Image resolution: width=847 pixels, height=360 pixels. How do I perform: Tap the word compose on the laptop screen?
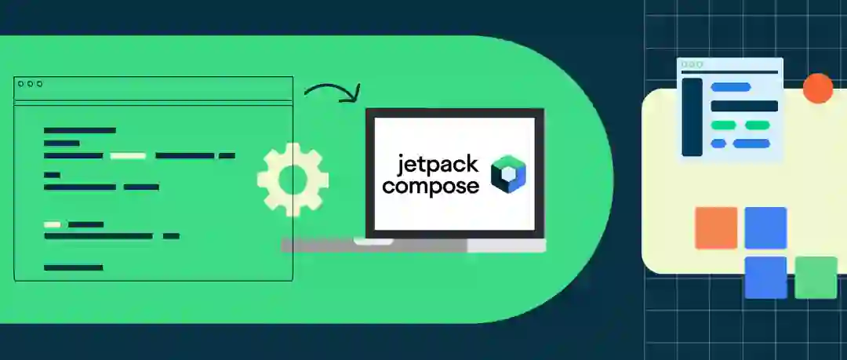tap(431, 187)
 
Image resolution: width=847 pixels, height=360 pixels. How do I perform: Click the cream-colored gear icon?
tap(293, 179)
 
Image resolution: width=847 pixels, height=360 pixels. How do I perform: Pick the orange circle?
tap(818, 88)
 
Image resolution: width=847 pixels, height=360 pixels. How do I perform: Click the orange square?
tap(716, 227)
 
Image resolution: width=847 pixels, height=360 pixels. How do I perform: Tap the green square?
tap(816, 278)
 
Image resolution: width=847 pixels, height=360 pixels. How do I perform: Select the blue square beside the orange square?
tap(765, 227)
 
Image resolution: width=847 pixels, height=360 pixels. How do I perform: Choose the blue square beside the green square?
tap(765, 278)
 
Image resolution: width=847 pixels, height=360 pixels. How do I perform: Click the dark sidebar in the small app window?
tap(692, 117)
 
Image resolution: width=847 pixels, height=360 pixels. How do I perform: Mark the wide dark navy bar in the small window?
tap(743, 106)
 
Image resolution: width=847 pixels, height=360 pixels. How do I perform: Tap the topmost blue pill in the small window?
tap(730, 87)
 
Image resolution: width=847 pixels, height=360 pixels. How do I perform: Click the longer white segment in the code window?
tap(128, 155)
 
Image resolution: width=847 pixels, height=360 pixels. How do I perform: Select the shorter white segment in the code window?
tap(52, 224)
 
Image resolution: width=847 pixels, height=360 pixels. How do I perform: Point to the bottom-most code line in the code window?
tap(73, 267)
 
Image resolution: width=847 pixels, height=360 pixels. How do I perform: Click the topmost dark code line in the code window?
tap(80, 130)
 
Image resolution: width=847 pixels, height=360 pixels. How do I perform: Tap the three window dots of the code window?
tap(30, 84)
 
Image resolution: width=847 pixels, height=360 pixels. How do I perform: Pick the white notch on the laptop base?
tap(373, 242)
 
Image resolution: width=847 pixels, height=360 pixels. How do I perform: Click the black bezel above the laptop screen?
tap(455, 113)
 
